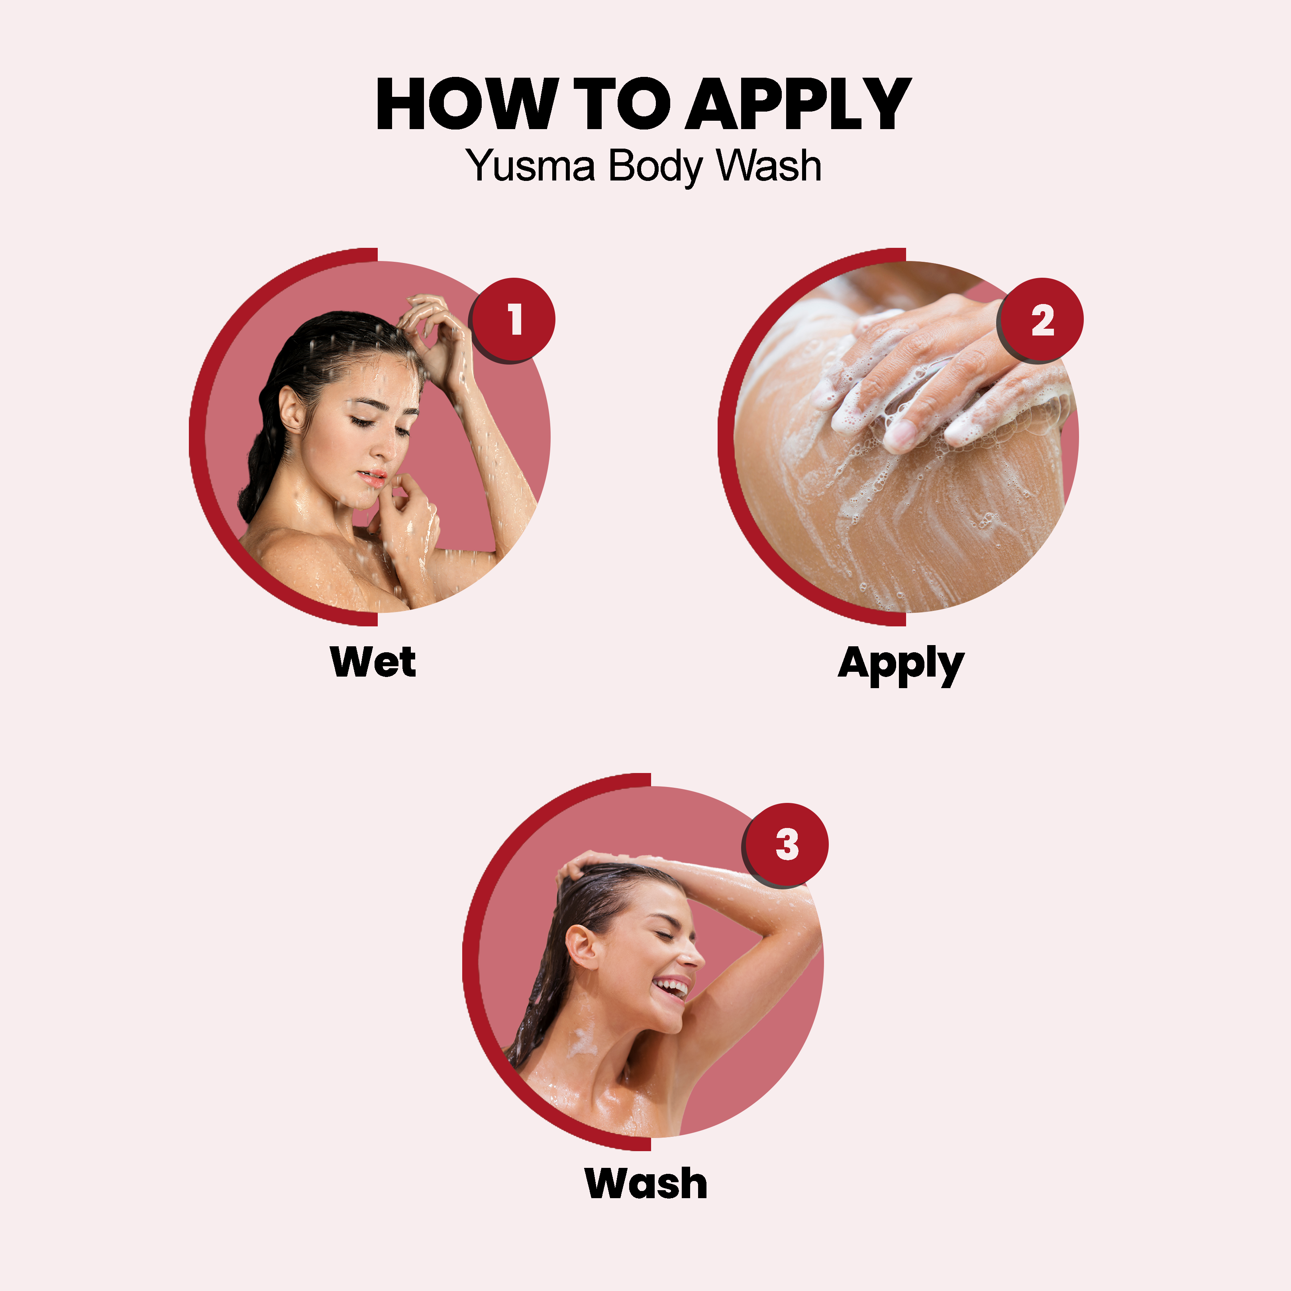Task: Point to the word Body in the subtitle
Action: pos(655,166)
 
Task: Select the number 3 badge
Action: pos(786,845)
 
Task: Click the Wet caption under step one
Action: pos(373,661)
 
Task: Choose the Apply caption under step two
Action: pos(901,665)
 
